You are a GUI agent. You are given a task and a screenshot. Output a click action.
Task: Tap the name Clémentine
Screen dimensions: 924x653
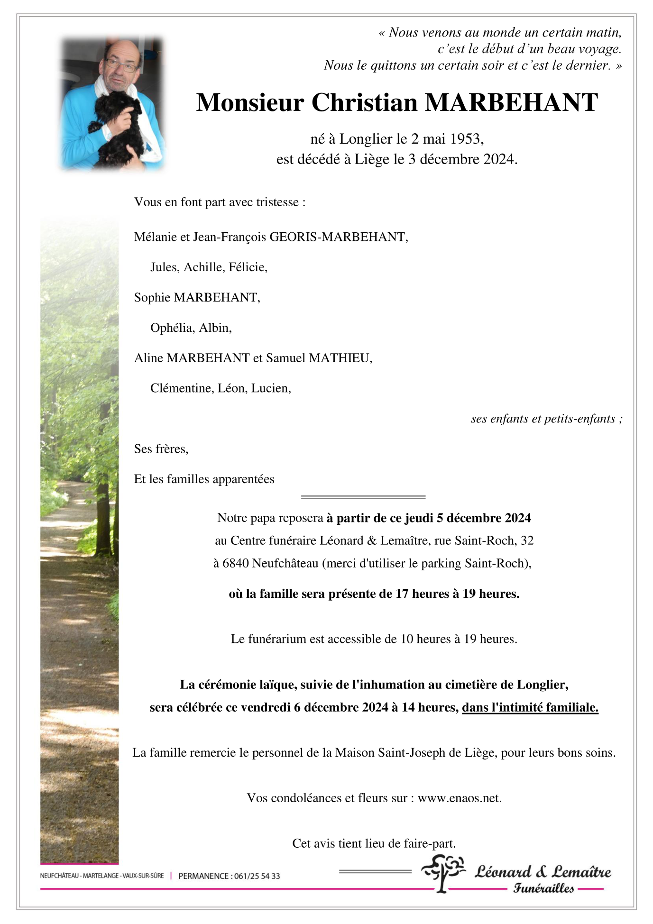click(182, 389)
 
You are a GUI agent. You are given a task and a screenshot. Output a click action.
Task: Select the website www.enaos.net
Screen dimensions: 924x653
click(459, 798)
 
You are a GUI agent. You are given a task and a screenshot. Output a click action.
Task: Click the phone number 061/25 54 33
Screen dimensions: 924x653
click(257, 876)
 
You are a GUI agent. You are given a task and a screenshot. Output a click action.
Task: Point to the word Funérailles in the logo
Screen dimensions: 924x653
click(543, 889)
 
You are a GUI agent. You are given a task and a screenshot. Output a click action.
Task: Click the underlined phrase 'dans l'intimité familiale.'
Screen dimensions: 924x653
click(530, 707)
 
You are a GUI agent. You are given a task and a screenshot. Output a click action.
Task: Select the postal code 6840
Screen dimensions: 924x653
click(236, 564)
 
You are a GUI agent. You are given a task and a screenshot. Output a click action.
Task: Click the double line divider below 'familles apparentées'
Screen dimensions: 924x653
click(363, 497)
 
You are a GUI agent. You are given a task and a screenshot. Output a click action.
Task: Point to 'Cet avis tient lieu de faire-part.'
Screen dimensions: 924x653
click(374, 844)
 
